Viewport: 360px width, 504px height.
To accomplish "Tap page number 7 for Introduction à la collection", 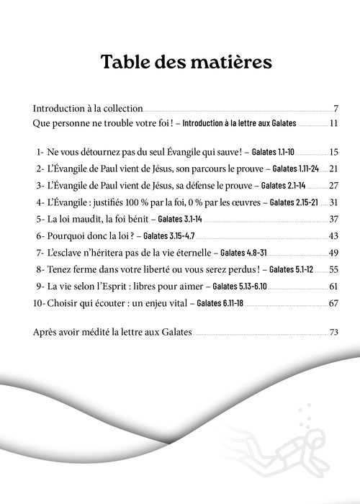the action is pos(336,109).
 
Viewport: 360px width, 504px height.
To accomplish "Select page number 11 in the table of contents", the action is pos(333,124).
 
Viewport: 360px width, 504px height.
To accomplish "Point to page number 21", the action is pos(333,169).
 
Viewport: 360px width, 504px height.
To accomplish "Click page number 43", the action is pos(333,235).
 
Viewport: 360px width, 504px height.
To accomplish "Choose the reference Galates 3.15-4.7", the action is pos(169,236).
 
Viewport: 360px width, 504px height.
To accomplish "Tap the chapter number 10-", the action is pos(40,302).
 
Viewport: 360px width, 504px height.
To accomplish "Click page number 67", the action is pos(333,302).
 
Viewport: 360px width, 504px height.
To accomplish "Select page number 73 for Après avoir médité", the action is pos(333,333).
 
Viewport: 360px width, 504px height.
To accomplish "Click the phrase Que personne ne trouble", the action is pos(79,124).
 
